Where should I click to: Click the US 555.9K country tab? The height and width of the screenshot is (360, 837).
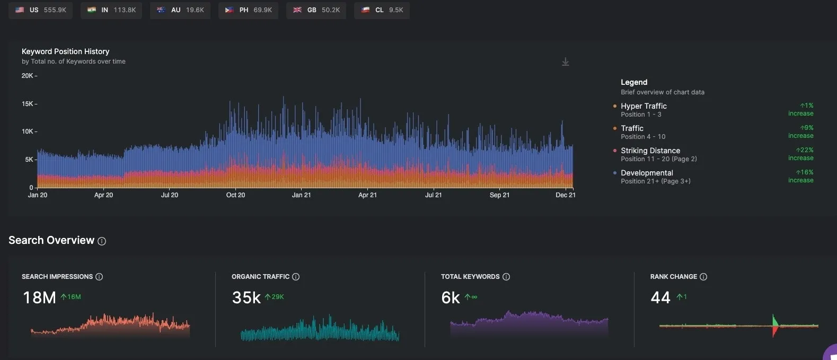coord(40,10)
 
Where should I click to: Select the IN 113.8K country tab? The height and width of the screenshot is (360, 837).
coord(111,10)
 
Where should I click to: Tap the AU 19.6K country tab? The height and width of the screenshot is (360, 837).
coord(180,10)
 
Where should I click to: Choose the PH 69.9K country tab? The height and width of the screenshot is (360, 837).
coord(249,10)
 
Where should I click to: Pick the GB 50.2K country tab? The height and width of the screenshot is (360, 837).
coord(316,10)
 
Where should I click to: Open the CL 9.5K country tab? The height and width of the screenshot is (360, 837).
coord(382,10)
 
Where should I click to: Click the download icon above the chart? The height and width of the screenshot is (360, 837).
coord(566,62)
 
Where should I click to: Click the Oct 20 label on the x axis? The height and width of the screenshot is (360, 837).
coord(235,195)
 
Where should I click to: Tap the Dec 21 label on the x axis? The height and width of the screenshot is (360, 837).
coord(565,195)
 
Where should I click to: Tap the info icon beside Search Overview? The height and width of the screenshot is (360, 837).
coord(102,241)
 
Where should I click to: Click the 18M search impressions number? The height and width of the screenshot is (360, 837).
coord(39,297)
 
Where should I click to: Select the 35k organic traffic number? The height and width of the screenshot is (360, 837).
coord(246,297)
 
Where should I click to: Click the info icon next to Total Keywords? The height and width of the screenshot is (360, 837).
coord(506,277)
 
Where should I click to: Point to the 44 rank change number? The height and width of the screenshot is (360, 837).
coord(660,297)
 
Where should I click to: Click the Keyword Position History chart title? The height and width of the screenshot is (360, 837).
coord(65,51)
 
